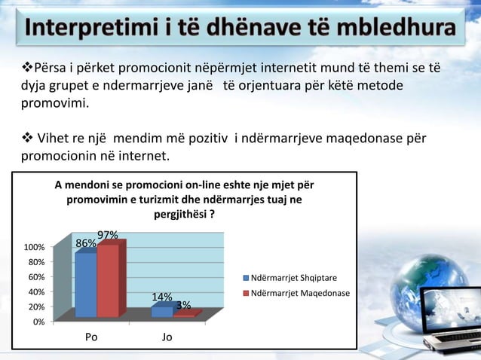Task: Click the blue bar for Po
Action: pyautogui.click(x=85, y=285)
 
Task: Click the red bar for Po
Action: pyautogui.click(x=108, y=280)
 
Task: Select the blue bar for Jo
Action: pyautogui.click(x=161, y=312)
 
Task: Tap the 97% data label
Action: pyautogui.click(x=107, y=235)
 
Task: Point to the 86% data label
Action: pyautogui.click(x=85, y=243)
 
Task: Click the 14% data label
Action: pyautogui.click(x=161, y=297)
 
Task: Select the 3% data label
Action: pyautogui.click(x=182, y=305)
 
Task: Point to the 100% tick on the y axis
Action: pyautogui.click(x=34, y=248)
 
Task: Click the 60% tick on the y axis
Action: pyautogui.click(x=36, y=277)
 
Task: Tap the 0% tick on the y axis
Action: pyautogui.click(x=38, y=322)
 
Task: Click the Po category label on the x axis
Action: pyautogui.click(x=90, y=337)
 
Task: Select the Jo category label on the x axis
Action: pyautogui.click(x=167, y=337)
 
